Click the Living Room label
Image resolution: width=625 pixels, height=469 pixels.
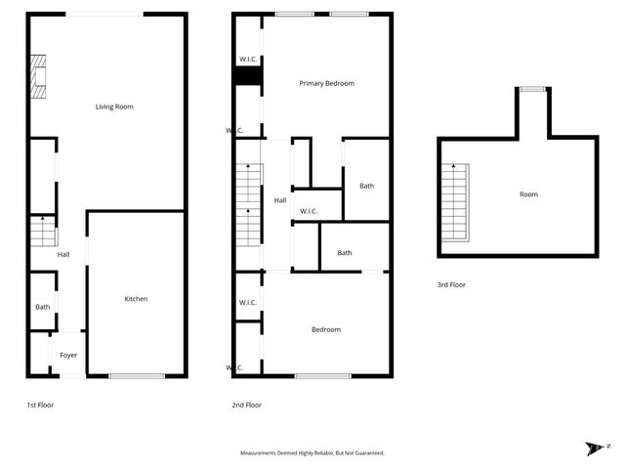(114, 107)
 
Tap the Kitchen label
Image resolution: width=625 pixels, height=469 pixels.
(135, 298)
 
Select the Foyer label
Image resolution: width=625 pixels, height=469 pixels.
(68, 355)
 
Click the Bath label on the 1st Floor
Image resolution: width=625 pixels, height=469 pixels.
(42, 307)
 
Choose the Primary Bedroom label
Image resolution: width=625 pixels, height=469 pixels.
(326, 83)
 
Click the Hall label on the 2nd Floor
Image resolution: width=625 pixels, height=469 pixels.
(280, 200)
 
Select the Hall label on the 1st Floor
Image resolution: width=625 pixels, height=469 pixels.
(63, 255)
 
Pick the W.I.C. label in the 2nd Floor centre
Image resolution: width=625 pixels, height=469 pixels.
(308, 211)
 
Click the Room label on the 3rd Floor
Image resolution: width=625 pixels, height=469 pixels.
(528, 194)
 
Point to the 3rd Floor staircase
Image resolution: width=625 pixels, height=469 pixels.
(456, 203)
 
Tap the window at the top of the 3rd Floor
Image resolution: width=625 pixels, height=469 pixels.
(532, 89)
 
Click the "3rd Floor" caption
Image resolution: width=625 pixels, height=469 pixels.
(451, 285)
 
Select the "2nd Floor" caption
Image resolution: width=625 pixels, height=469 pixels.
(246, 405)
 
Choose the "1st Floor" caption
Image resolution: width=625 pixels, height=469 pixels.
(40, 405)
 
